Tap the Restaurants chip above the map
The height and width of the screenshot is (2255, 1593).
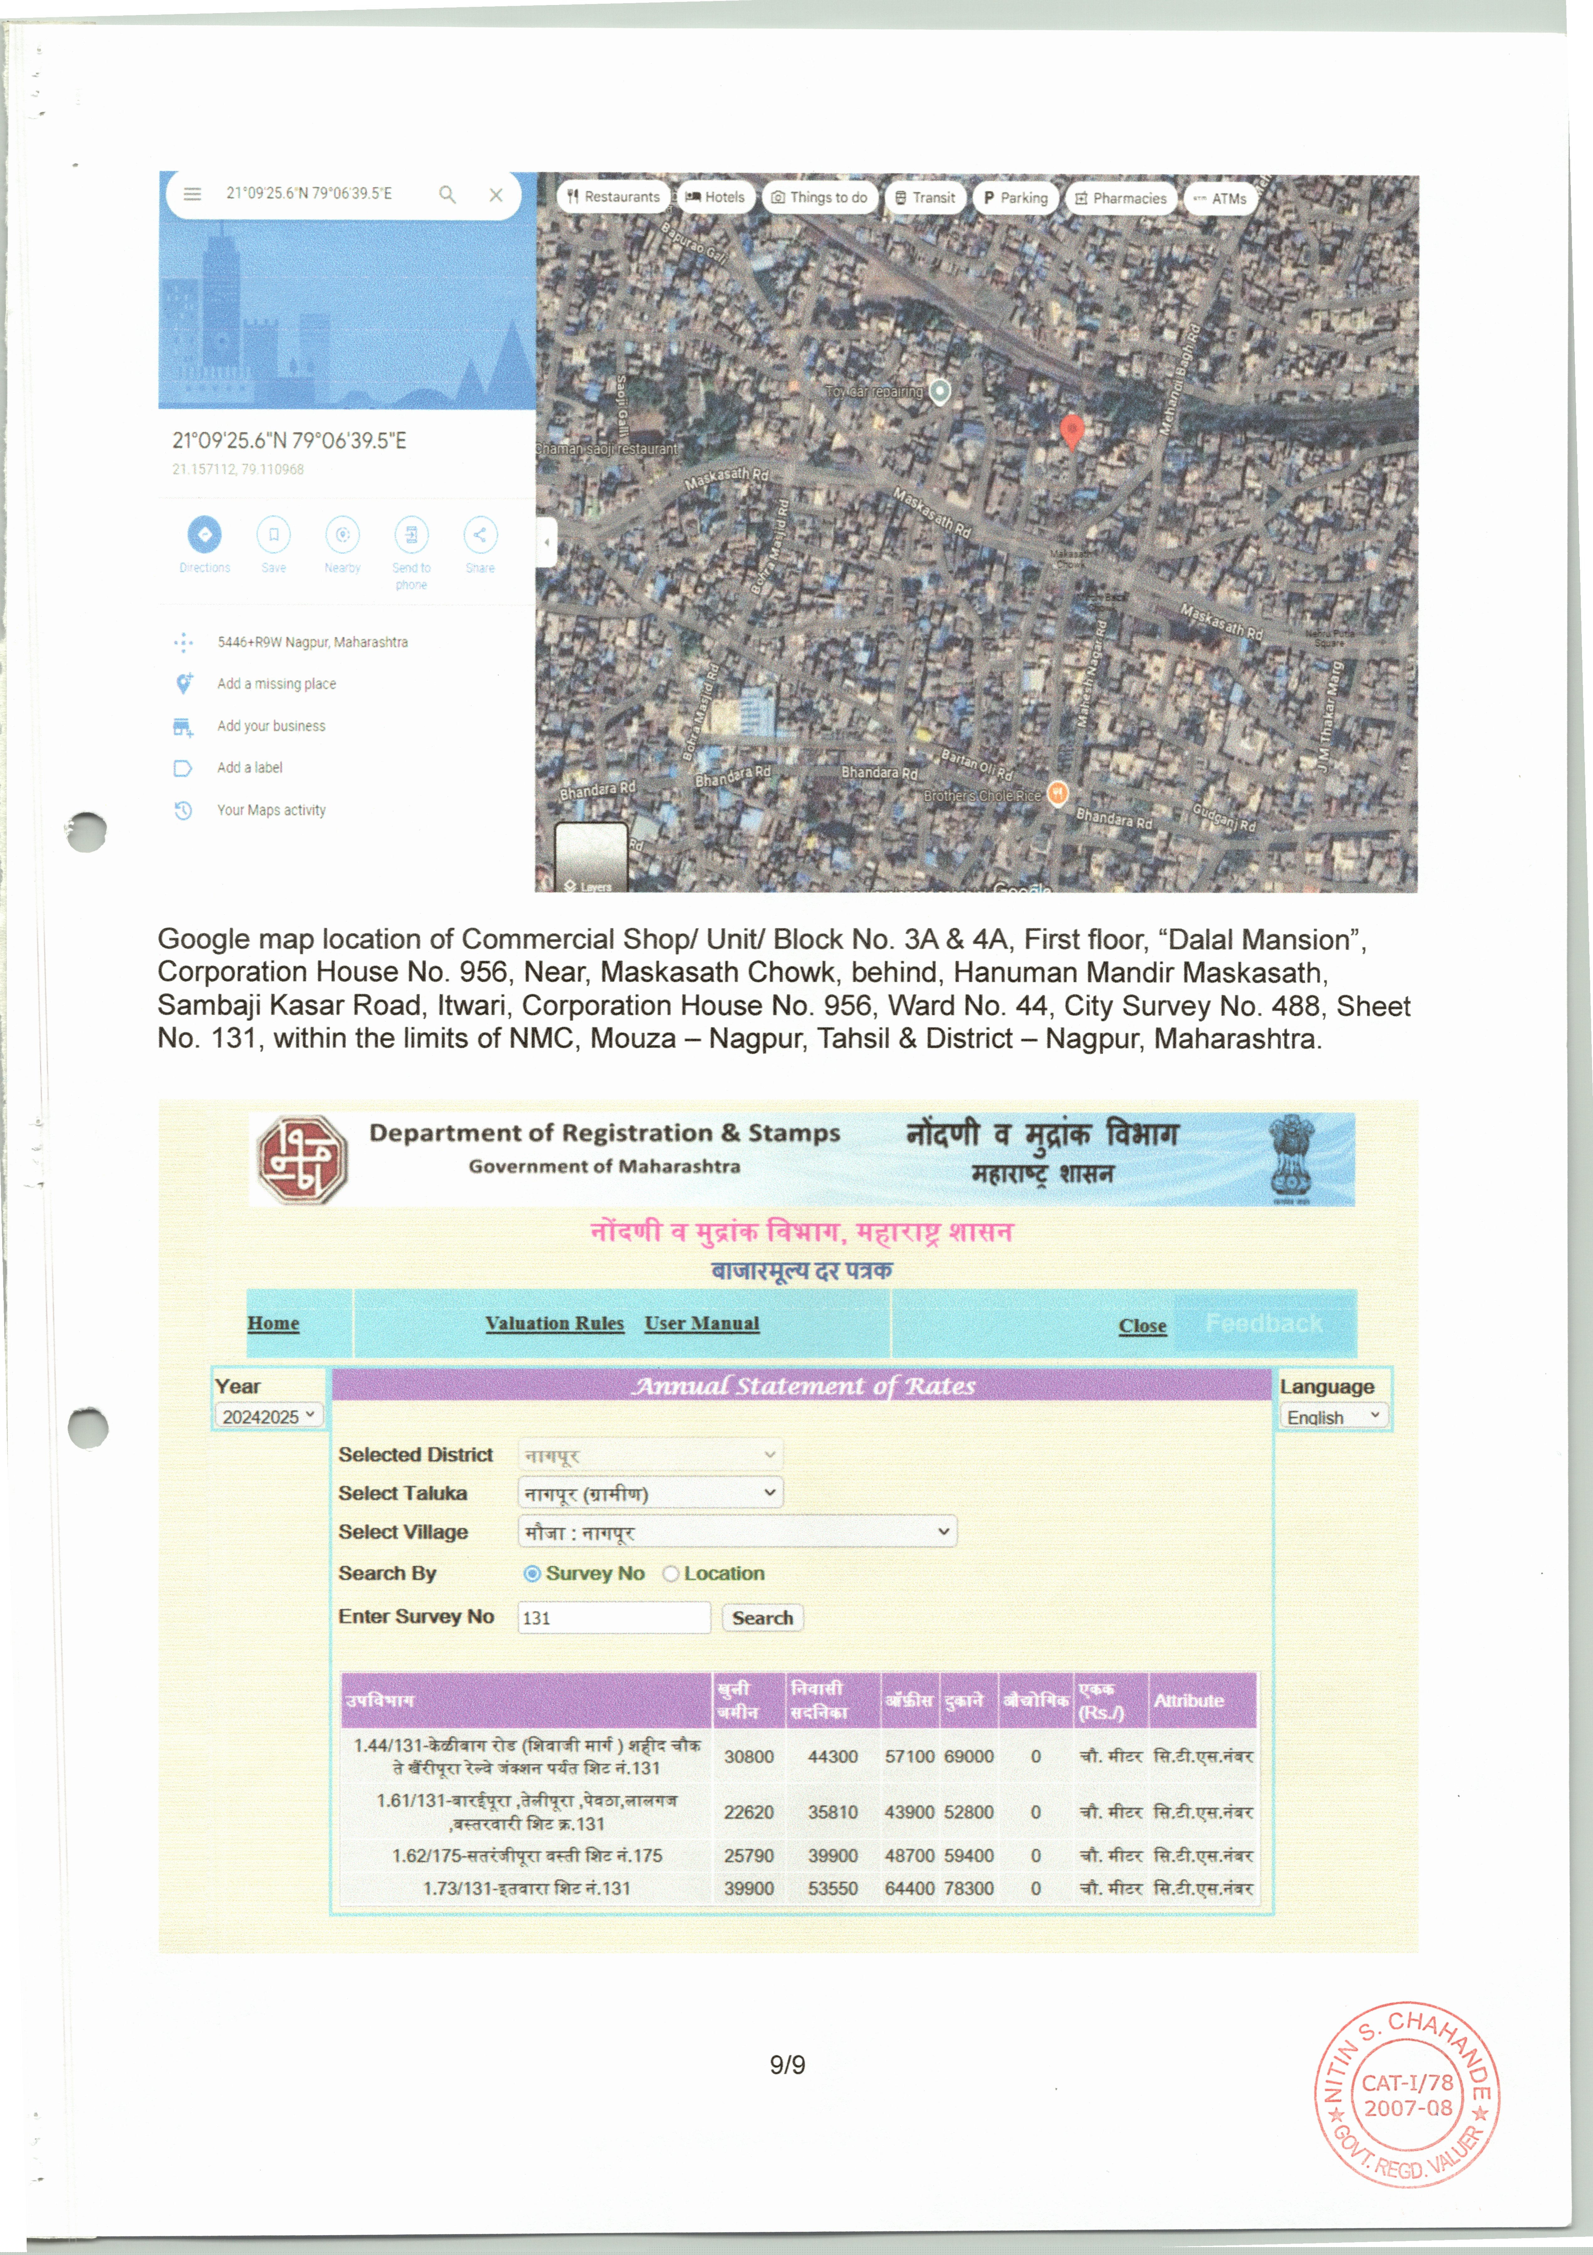pyautogui.click(x=614, y=197)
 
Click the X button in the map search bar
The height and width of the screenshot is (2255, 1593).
pyautogui.click(x=496, y=194)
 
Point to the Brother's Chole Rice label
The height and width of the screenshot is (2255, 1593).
pyautogui.click(x=982, y=796)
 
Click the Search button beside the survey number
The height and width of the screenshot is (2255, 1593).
pyautogui.click(x=762, y=1618)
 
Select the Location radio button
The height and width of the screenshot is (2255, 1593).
pyautogui.click(x=671, y=1573)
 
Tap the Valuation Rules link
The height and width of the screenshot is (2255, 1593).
pyautogui.click(x=554, y=1323)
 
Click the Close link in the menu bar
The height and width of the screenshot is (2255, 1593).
pyautogui.click(x=1142, y=1326)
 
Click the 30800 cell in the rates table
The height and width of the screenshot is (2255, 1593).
pyautogui.click(x=748, y=1756)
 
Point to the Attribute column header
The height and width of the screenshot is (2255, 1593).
pyautogui.click(x=1188, y=1700)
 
